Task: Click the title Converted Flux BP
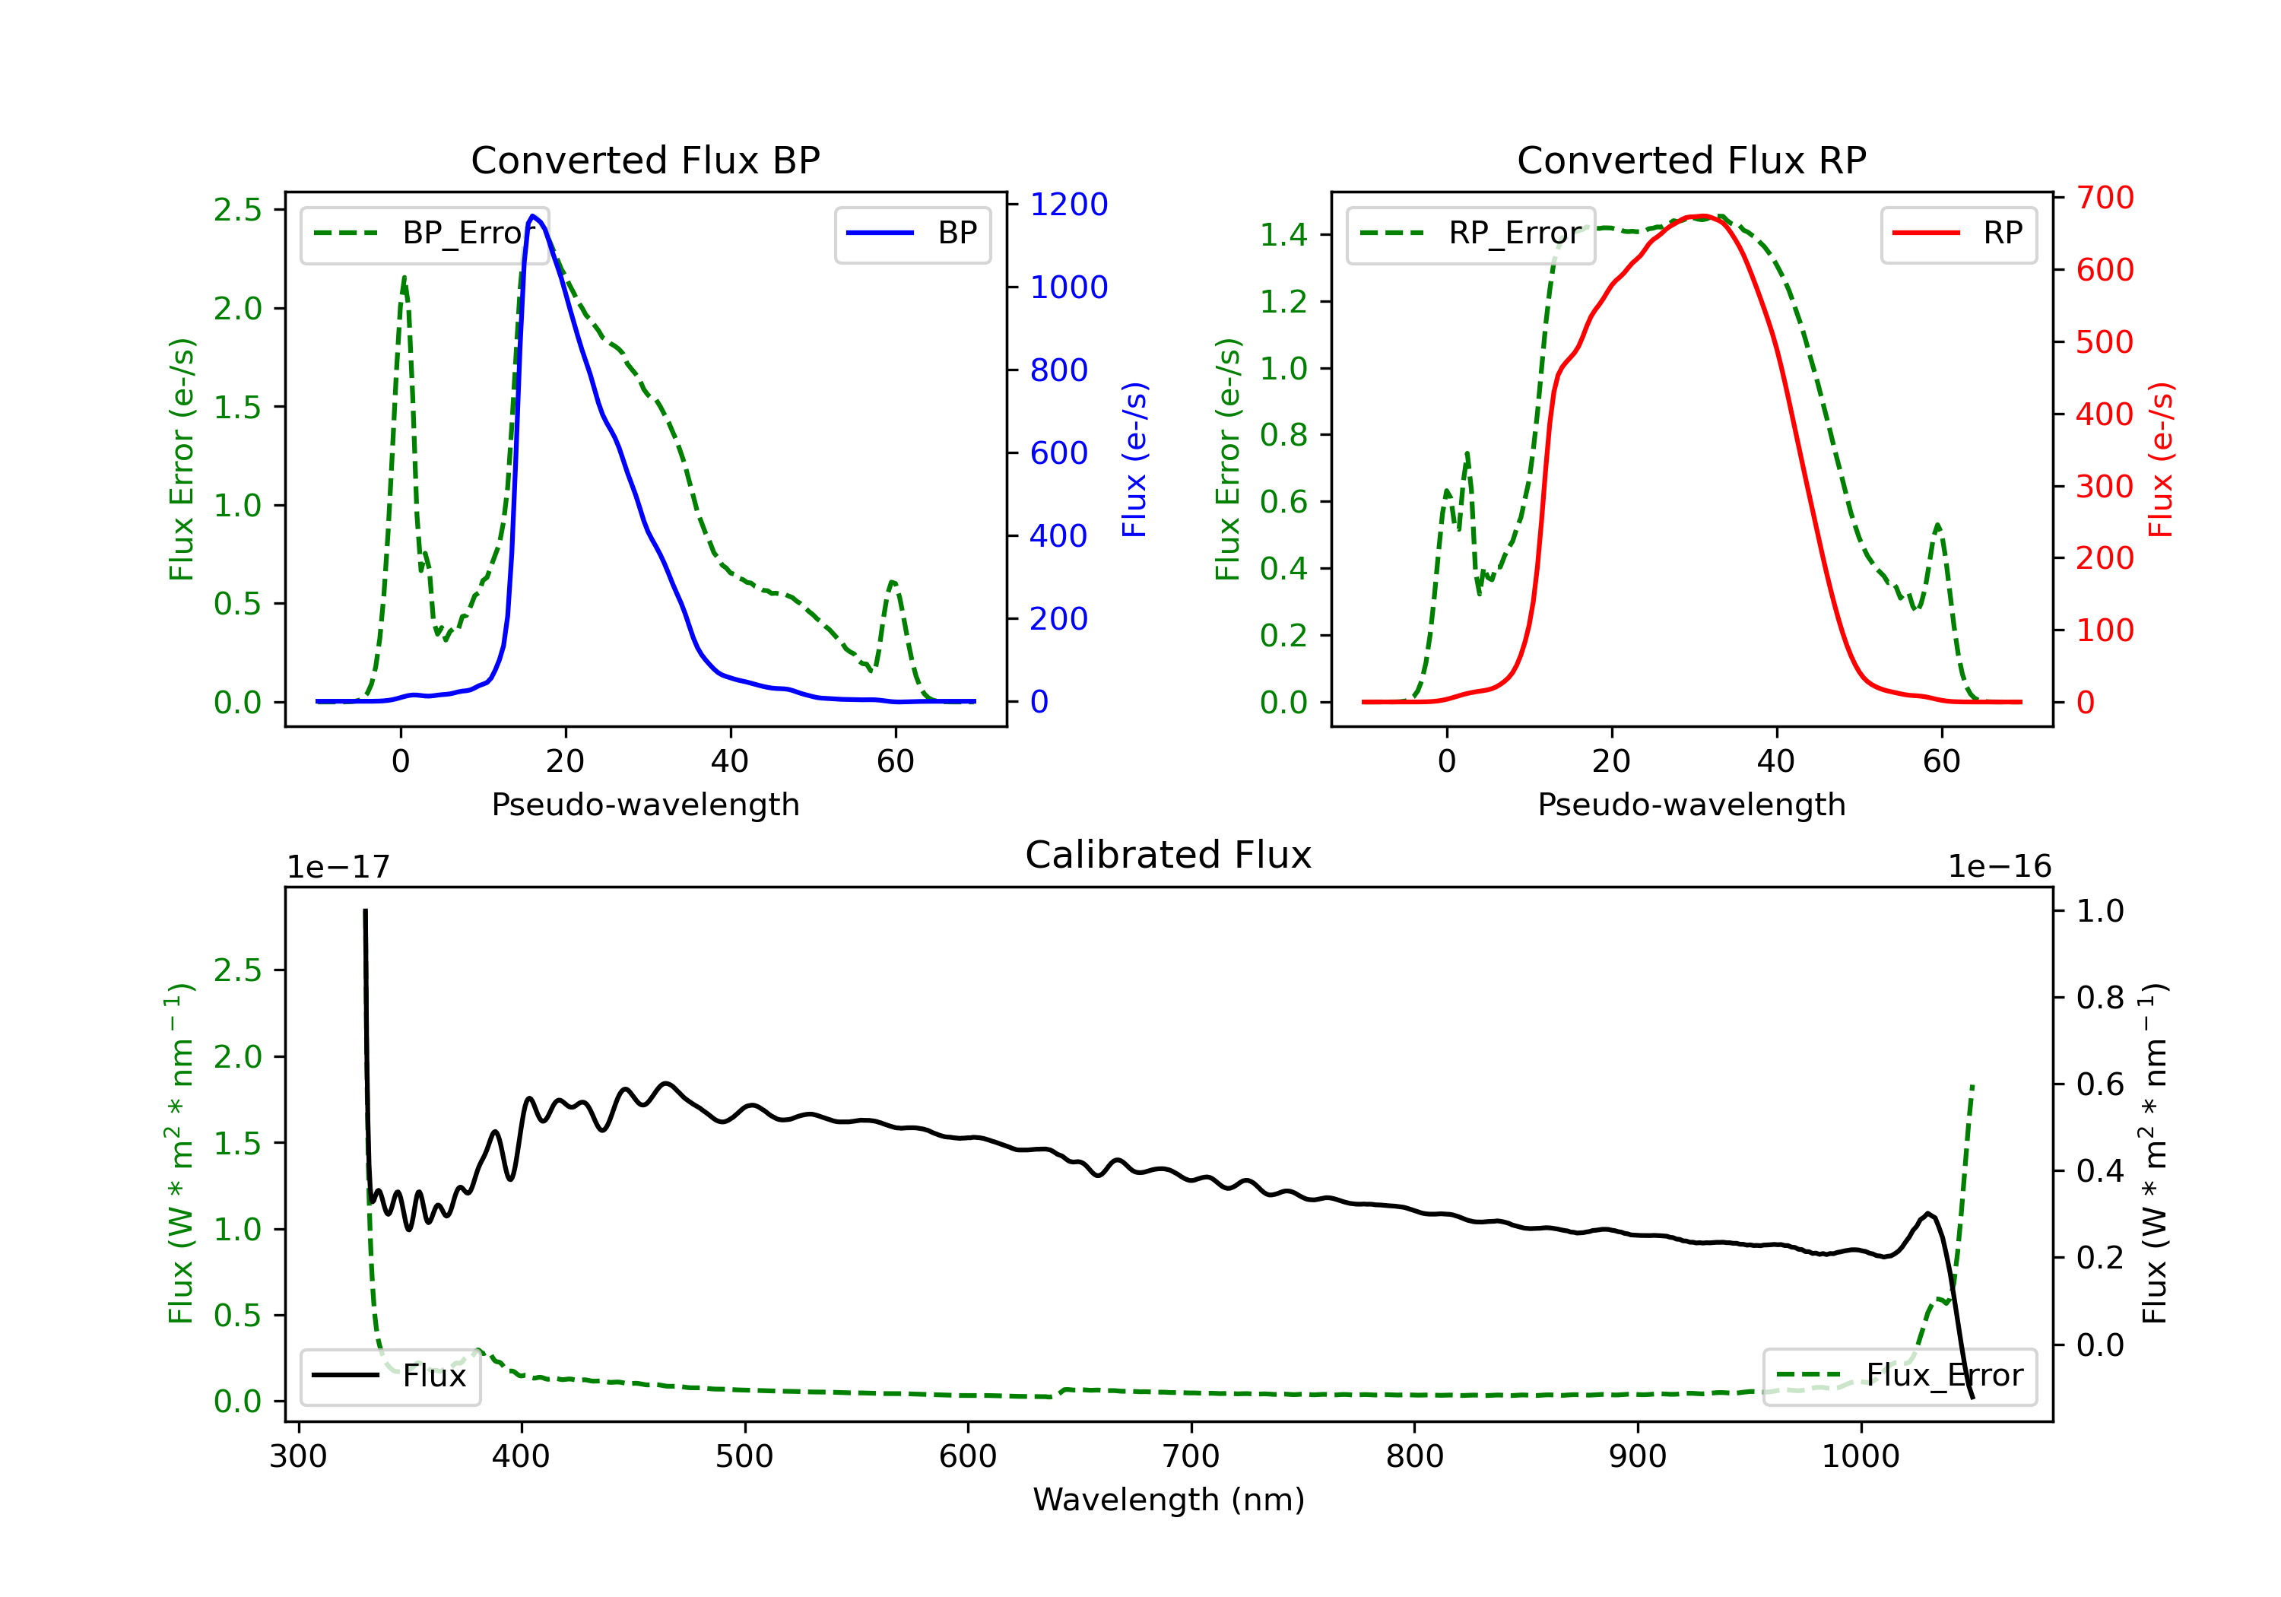[x=645, y=160]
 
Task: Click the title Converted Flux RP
[x=1691, y=160]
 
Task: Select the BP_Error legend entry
[x=424, y=233]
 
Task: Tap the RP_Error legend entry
[x=1470, y=233]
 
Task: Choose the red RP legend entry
[x=1958, y=233]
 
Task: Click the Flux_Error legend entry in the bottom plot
[x=1899, y=1376]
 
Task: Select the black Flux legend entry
[x=391, y=1376]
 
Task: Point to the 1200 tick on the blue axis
[x=1068, y=204]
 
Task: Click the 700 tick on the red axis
[x=2104, y=198]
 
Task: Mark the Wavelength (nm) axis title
[x=1169, y=1500]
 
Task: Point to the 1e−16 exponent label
[x=1999, y=867]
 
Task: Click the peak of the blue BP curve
[x=534, y=216]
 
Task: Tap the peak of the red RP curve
[x=1700, y=216]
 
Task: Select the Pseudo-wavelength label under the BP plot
[x=645, y=804]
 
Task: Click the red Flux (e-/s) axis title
[x=2160, y=459]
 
